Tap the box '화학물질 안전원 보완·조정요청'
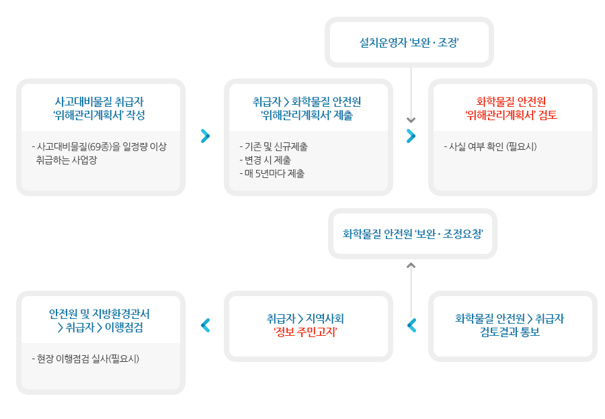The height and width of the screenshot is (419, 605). point(412,234)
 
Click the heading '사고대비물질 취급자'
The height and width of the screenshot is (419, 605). point(99,101)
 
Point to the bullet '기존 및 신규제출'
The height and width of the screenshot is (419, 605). point(274,146)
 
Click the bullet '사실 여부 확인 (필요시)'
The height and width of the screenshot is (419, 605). point(490,146)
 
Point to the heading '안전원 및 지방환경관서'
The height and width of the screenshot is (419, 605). point(99,314)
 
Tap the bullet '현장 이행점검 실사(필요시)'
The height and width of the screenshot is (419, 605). point(85,359)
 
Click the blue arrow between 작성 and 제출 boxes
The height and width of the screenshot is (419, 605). point(206,136)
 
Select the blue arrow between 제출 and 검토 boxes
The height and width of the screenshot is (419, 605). point(411,136)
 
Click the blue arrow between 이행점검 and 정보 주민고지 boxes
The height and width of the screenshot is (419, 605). point(206,325)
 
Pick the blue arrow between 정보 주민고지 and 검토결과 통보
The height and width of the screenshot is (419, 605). point(411,325)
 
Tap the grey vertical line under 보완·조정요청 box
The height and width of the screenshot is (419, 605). point(411,289)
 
